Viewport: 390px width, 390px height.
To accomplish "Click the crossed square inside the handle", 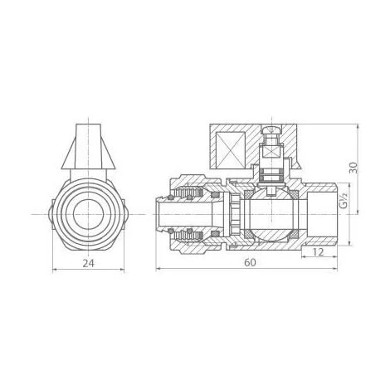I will tap(232, 149).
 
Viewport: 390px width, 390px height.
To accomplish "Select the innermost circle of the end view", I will tap(87, 214).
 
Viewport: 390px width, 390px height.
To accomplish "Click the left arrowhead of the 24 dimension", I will tap(53, 270).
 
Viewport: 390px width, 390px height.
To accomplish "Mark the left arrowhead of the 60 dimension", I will tap(157, 270).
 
